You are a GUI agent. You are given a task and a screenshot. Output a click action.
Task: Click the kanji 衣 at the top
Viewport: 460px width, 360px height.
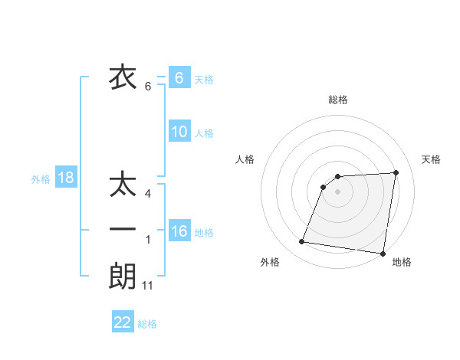(123, 77)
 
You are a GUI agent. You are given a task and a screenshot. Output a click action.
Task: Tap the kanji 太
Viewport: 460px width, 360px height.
(123, 186)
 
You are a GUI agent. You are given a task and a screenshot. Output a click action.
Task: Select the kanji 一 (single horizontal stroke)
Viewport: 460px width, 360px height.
(123, 230)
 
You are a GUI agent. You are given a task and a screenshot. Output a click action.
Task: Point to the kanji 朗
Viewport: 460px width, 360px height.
(123, 276)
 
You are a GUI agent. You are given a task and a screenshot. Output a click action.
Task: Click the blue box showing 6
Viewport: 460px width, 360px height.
(179, 78)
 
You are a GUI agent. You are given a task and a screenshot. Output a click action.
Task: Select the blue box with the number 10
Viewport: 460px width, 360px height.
(179, 132)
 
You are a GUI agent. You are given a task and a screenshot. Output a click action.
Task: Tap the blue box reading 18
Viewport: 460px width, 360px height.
(65, 178)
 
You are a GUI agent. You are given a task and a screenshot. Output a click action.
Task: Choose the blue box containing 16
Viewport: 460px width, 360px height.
(179, 231)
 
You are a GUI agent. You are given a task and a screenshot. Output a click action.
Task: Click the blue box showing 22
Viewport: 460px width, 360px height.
(123, 322)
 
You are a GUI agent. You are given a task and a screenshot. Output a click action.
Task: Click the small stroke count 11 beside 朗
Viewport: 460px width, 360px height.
(148, 286)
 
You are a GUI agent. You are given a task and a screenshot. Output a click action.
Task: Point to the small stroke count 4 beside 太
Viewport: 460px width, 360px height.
(147, 195)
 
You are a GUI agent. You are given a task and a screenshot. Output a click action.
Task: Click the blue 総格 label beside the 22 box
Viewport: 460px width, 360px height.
(147, 324)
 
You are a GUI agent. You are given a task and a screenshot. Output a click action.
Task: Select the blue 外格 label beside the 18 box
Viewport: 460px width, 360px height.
(41, 179)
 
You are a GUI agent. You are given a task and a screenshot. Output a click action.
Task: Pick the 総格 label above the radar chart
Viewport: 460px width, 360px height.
(338, 100)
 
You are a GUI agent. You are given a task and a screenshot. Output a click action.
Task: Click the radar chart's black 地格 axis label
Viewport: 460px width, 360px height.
(402, 262)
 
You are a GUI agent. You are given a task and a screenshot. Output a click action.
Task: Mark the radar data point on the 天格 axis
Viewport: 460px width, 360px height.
(396, 172)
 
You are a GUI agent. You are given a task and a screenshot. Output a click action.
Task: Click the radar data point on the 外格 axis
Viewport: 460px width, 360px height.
(302, 242)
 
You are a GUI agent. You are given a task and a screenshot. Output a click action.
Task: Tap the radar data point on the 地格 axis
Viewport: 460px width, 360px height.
(382, 254)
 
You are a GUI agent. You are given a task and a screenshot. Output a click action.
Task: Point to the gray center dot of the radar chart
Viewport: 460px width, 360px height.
(338, 191)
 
